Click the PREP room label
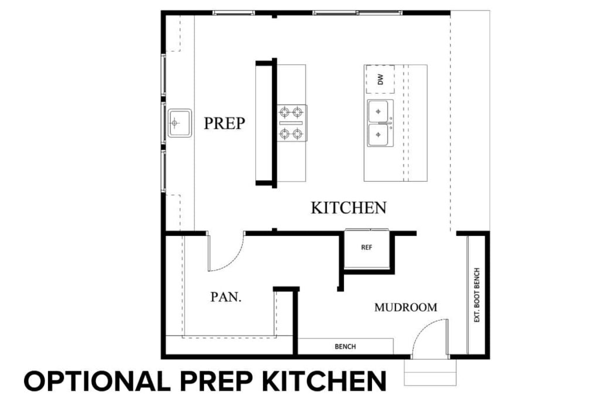pos(224,124)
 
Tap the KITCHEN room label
pos(348,208)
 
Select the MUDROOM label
pos(405,307)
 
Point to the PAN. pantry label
pos(226,298)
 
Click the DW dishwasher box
pos(380,80)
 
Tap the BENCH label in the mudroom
pos(345,347)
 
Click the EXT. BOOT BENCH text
pos(477,296)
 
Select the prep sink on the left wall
pos(179,123)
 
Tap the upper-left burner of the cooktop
pos(285,111)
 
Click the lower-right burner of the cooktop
pos(298,134)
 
